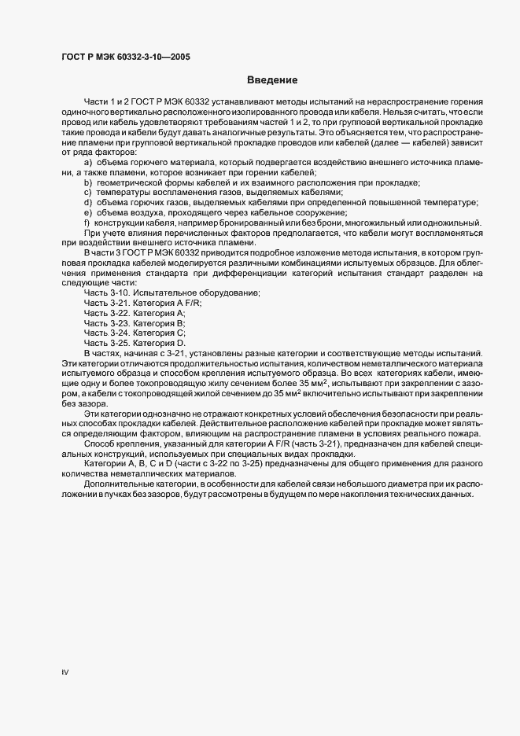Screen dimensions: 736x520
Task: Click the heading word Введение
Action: click(x=271, y=79)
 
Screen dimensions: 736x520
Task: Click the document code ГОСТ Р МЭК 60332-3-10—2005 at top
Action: click(x=124, y=57)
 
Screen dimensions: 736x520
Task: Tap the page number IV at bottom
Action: click(x=65, y=672)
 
